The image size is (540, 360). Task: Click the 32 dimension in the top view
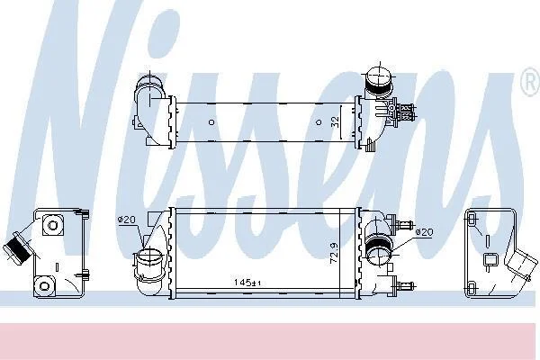tap(335, 122)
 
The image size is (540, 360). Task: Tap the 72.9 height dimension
tap(334, 254)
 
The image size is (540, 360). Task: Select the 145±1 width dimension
tap(247, 283)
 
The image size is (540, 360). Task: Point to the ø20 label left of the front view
tap(127, 220)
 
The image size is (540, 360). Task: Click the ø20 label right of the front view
tap(424, 232)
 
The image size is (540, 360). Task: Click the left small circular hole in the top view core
tap(211, 122)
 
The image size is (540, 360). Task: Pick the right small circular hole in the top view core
tap(319, 122)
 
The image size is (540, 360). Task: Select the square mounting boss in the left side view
tap(53, 225)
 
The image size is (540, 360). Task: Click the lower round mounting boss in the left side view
tap(44, 285)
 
